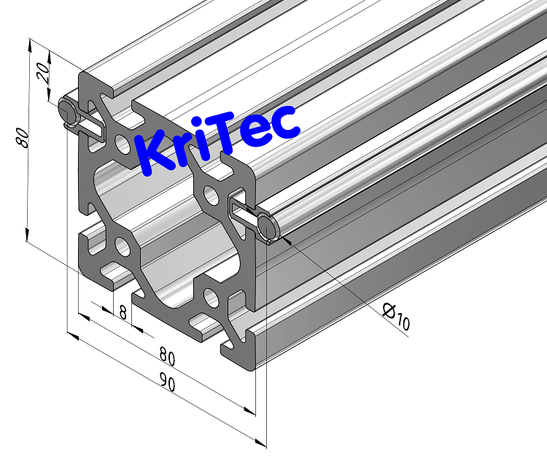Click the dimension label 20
pos(42,72)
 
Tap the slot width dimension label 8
pos(122,314)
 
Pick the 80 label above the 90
pos(167,358)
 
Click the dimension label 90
pos(167,384)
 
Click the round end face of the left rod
pos(66,112)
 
